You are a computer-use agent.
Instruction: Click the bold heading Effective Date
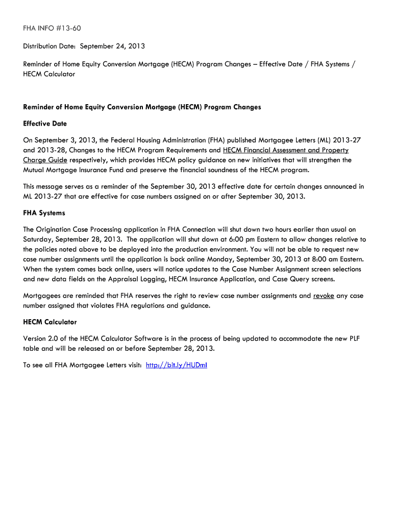pos(45,124)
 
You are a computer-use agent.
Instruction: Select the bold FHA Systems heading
pos(44,213)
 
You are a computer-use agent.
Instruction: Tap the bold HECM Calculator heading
pos(50,322)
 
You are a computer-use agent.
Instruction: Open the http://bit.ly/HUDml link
pos(176,365)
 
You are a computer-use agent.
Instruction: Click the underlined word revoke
pos(324,296)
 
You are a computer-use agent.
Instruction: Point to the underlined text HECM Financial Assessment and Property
pos(286,150)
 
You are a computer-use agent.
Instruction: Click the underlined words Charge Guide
pos(45,160)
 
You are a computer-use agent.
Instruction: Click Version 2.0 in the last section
pos(42,339)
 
